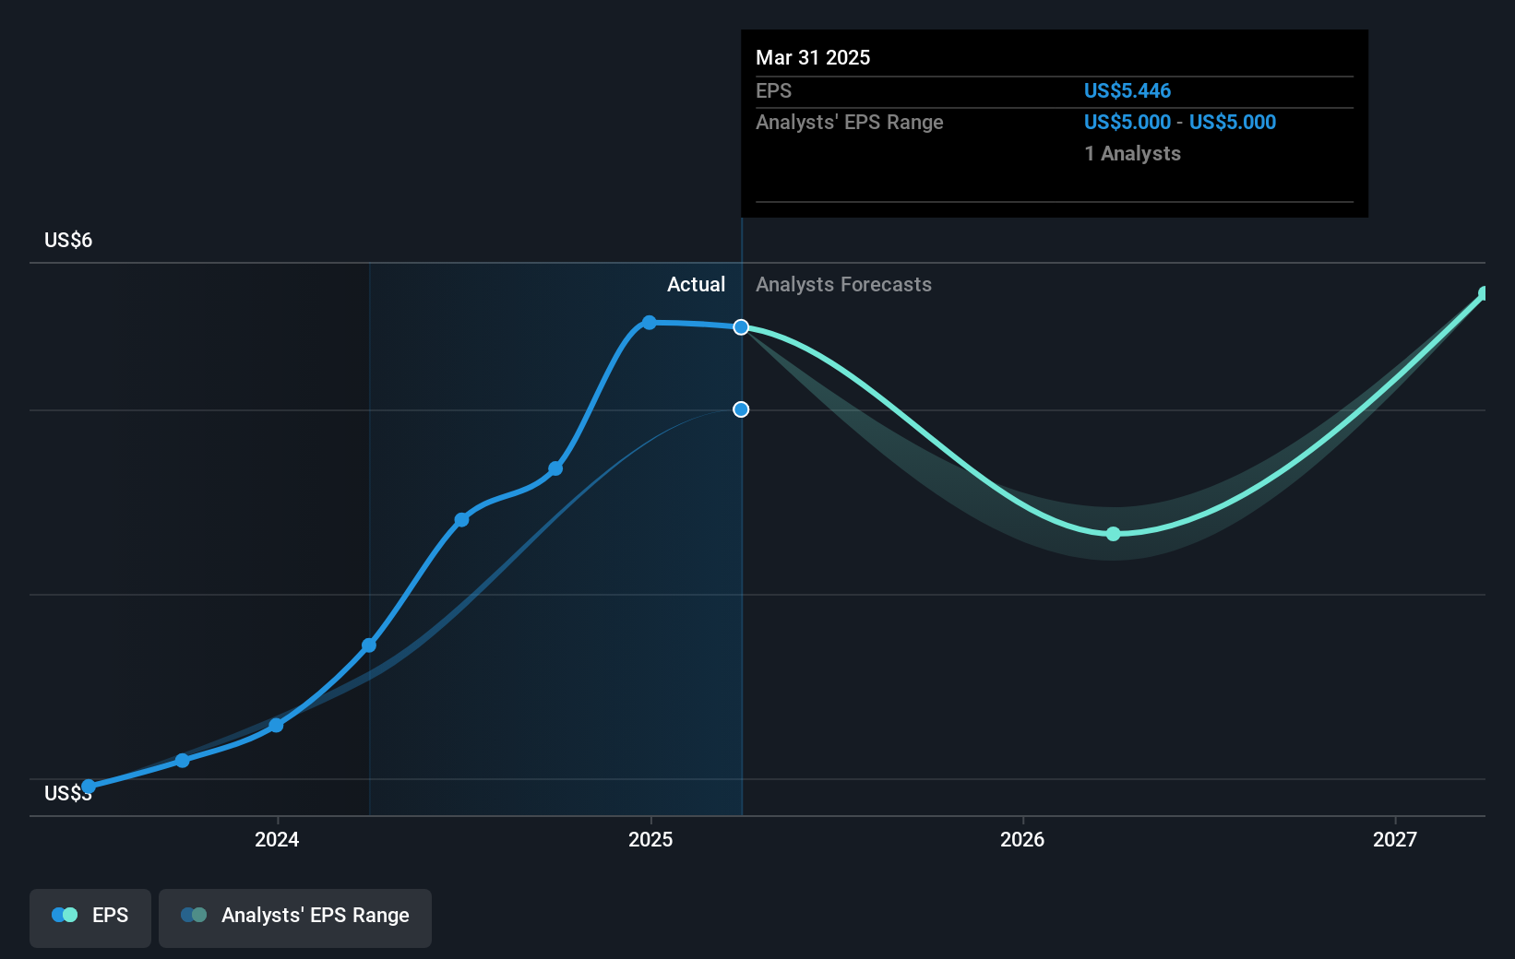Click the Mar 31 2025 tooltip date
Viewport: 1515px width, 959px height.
pos(812,57)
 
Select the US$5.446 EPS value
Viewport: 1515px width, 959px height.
pos(1127,90)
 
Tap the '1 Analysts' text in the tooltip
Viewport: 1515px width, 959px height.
pos(1132,153)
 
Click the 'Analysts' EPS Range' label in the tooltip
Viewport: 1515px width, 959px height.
pos(849,122)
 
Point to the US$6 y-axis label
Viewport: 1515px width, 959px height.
pos(68,240)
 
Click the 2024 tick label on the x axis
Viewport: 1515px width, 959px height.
pos(277,839)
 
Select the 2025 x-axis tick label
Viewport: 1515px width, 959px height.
pos(650,839)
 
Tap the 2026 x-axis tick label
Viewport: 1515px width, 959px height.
pos(1022,839)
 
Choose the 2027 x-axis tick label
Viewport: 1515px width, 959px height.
pos(1394,839)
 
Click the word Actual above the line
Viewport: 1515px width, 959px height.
pos(696,284)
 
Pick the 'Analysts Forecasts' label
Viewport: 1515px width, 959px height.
pos(843,284)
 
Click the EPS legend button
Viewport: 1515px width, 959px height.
pos(90,917)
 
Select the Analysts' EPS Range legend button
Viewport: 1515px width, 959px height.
pos(295,917)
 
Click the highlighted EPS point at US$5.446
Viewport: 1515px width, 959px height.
pos(741,327)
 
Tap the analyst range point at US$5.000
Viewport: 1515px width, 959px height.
pos(741,409)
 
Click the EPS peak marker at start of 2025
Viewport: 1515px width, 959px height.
pos(650,323)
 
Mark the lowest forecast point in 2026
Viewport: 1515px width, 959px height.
pos(1113,534)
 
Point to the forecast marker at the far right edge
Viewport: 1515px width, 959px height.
pos(1484,294)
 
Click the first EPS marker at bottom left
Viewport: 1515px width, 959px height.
pos(89,787)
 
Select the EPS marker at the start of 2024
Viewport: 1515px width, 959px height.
pos(276,726)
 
